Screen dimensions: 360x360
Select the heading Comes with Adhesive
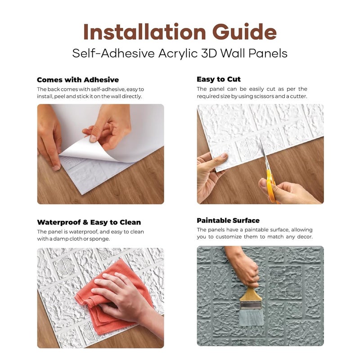[78, 80]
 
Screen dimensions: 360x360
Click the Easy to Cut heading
[219, 79]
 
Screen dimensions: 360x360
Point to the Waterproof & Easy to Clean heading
[89, 222]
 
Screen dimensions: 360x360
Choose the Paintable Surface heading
[228, 220]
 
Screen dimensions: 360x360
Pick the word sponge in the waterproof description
[99, 238]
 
